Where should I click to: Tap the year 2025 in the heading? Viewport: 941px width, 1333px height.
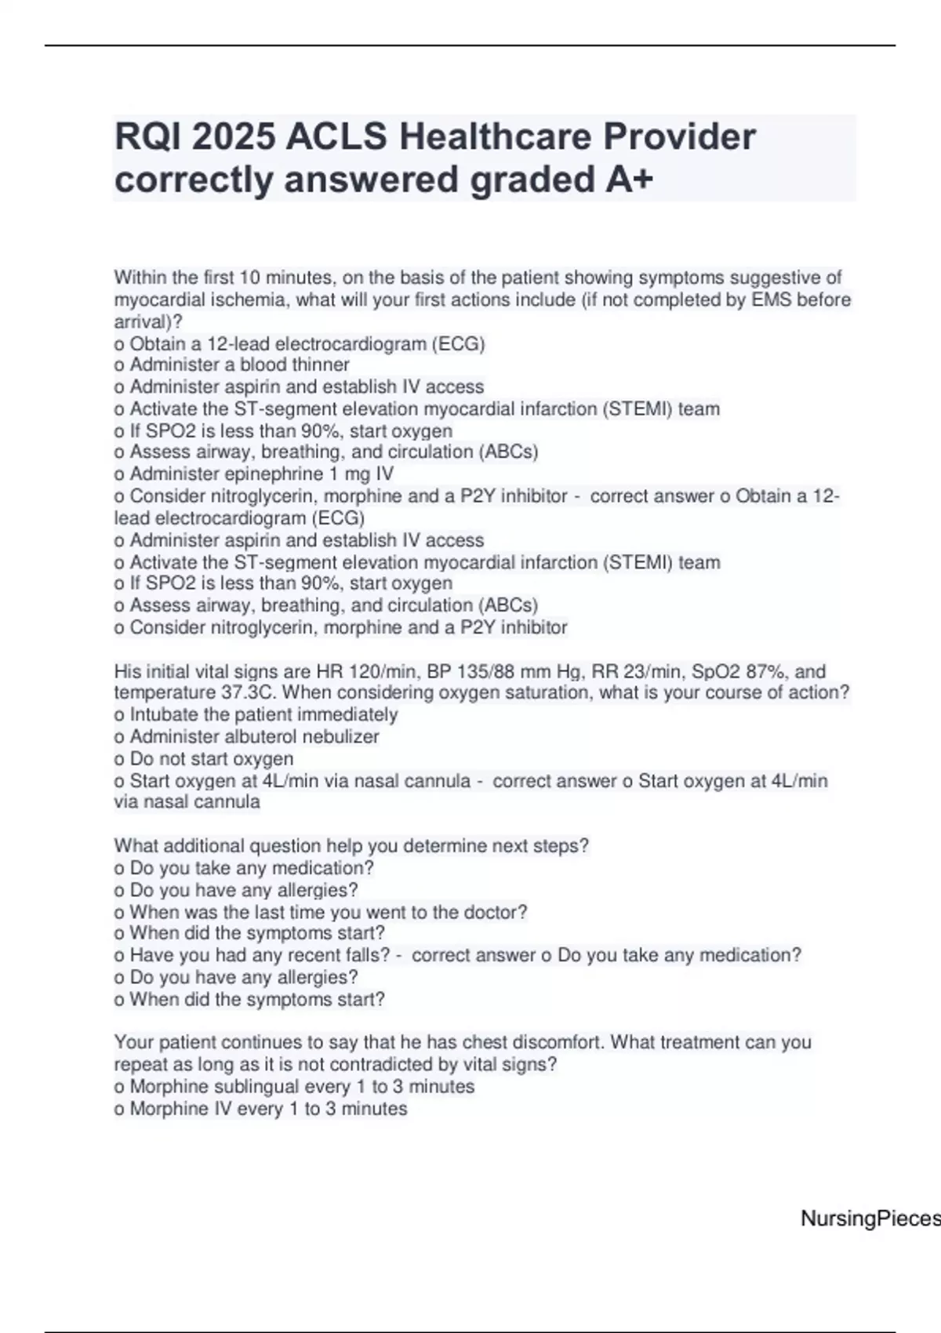point(233,137)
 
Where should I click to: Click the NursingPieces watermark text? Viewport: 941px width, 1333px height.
point(870,1219)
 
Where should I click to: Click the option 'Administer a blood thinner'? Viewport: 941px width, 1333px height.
point(239,365)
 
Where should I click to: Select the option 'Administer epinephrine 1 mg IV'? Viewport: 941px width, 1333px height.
point(261,474)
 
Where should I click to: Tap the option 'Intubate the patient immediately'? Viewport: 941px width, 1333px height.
point(263,714)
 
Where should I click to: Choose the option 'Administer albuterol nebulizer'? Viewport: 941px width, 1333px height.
point(254,736)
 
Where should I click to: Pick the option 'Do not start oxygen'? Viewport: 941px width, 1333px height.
point(211,758)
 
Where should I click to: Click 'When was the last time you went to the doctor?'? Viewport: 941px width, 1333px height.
point(328,912)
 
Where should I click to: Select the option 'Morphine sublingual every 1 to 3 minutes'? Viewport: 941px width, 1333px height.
point(302,1087)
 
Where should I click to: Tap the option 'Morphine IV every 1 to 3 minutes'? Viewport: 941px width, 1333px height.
point(268,1109)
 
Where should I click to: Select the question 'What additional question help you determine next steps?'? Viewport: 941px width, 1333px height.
point(351,846)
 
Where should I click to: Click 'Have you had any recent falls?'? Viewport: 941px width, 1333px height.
point(260,955)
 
